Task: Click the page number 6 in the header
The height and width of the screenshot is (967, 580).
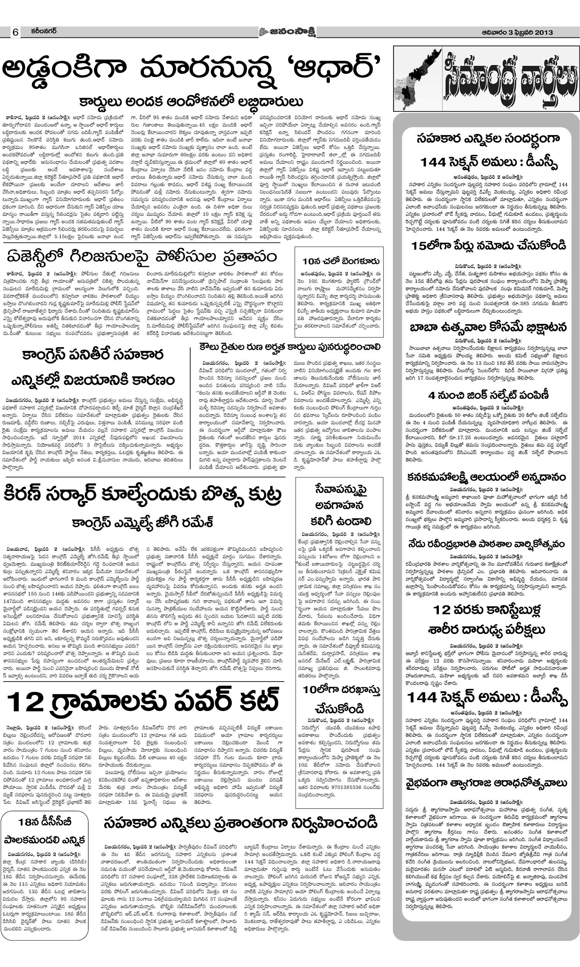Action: coord(15,32)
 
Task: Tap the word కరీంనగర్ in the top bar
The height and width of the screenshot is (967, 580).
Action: coord(44,31)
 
